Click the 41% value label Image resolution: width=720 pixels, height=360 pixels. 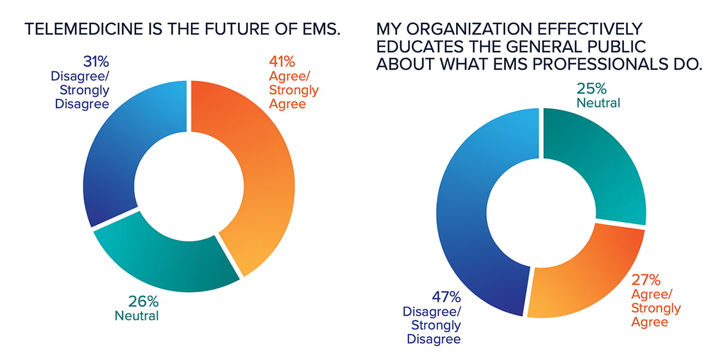pyautogui.click(x=279, y=62)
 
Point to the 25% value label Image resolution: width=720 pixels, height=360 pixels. pyautogui.click(x=591, y=89)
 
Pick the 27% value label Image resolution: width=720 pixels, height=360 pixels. pyautogui.click(x=647, y=279)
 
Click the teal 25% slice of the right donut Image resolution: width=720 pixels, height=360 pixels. pyautogui.click(x=606, y=168)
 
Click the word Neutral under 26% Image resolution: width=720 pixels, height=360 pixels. pyautogui.click(x=136, y=314)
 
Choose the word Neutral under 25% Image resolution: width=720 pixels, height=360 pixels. pyautogui.click(x=598, y=103)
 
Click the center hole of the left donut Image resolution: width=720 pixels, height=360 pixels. pyautogui.click(x=188, y=187)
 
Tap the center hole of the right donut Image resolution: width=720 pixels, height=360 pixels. pyautogui.click(x=541, y=212)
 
